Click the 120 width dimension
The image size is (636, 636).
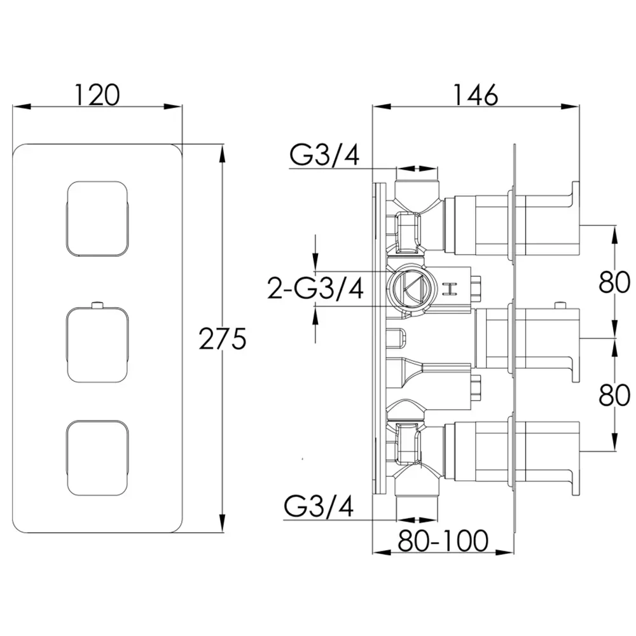pyautogui.click(x=97, y=95)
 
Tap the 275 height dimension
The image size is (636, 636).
pyautogui.click(x=223, y=339)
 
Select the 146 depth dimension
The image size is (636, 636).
pyautogui.click(x=475, y=95)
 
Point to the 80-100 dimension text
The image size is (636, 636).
pyautogui.click(x=443, y=541)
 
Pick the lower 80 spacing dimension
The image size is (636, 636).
pyautogui.click(x=614, y=395)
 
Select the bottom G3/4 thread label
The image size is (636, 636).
pyautogui.click(x=319, y=506)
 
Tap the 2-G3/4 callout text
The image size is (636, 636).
pyautogui.click(x=315, y=288)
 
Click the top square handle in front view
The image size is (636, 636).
pyautogui.click(x=97, y=219)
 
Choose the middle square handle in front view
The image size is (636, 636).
pyautogui.click(x=97, y=345)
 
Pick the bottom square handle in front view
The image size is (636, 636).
pyautogui.click(x=97, y=458)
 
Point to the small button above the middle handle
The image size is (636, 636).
pyautogui.click(x=97, y=305)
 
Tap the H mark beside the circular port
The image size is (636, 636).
pyautogui.click(x=450, y=288)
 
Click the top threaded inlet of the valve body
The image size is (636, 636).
pyautogui.click(x=417, y=189)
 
